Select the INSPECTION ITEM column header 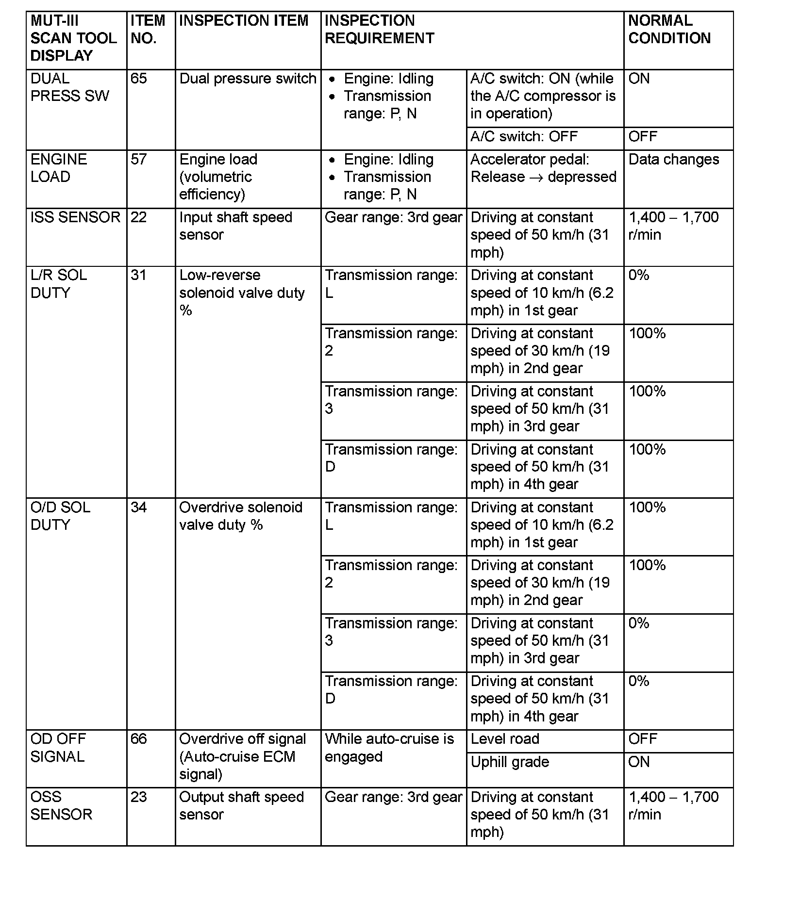tap(244, 21)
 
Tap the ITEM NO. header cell tap(148, 30)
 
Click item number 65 tap(139, 79)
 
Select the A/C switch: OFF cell tap(524, 137)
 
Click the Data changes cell tap(673, 160)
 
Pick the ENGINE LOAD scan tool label tap(59, 168)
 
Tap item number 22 tap(139, 217)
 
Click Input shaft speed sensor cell tap(235, 226)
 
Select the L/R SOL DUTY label tap(59, 284)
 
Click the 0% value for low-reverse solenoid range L tap(639, 276)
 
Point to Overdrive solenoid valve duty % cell tap(241, 516)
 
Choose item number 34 tap(139, 507)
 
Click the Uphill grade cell tap(510, 762)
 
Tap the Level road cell tap(505, 739)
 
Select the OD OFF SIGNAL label tap(58, 748)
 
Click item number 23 tap(139, 797)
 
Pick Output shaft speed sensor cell tap(241, 806)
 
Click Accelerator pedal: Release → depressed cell tap(543, 168)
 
